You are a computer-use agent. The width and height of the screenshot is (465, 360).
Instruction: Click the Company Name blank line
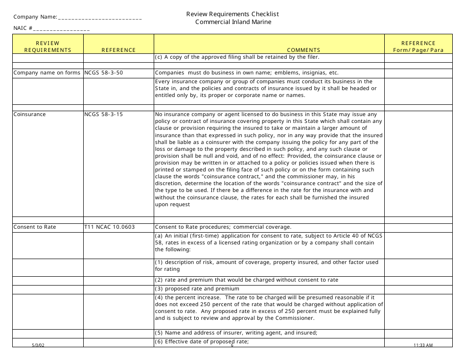tap(100, 18)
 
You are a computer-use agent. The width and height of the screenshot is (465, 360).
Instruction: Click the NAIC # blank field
tap(62, 29)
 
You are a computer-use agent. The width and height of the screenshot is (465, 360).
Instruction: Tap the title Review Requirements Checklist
tap(232, 14)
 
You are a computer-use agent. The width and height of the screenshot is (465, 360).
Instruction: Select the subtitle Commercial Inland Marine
tap(233, 22)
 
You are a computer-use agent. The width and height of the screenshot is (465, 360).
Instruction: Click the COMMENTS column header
tap(303, 50)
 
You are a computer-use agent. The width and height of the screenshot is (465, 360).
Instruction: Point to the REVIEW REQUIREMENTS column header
tap(47, 47)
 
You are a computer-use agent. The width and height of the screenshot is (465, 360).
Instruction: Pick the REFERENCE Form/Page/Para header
tap(418, 47)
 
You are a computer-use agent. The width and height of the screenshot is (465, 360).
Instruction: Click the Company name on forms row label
tap(47, 73)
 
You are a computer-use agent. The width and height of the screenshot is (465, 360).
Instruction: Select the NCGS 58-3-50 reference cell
tap(104, 73)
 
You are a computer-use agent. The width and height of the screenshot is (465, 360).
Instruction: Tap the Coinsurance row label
tap(29, 114)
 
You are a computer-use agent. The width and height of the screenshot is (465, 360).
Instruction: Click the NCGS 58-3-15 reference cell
tap(104, 114)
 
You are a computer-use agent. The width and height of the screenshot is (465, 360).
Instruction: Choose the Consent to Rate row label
tap(34, 227)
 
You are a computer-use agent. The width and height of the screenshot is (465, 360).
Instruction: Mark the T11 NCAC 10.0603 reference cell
tap(110, 227)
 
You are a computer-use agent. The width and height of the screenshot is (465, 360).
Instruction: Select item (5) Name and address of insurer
tap(236, 333)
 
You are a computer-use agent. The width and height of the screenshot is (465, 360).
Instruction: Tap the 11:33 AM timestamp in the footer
tap(423, 345)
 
